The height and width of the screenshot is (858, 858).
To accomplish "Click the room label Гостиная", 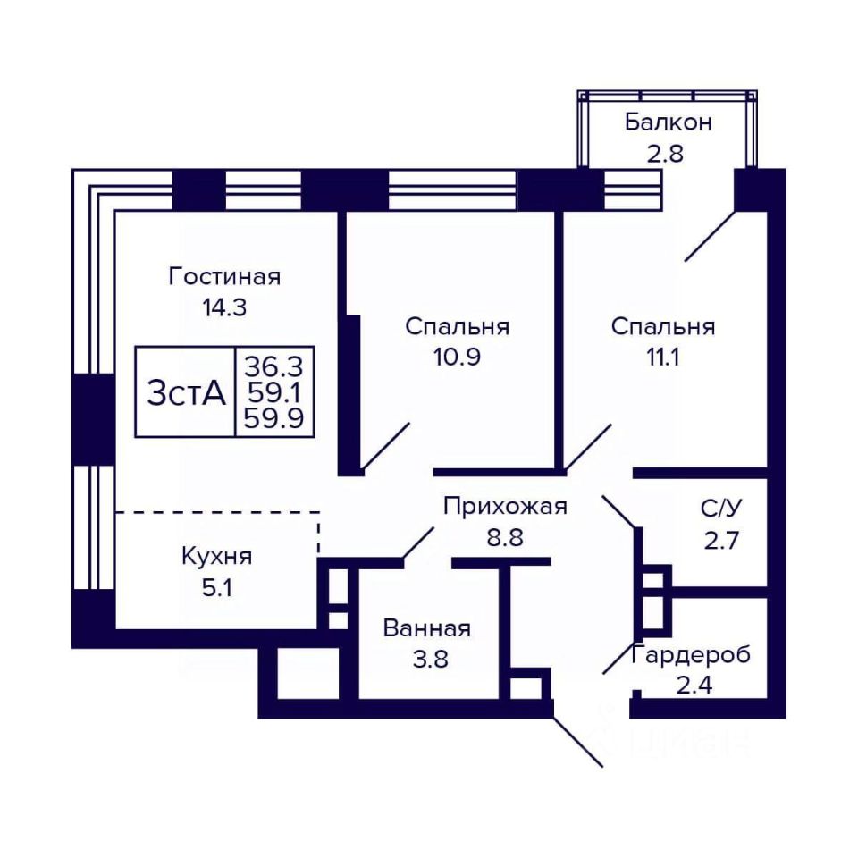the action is [224, 276].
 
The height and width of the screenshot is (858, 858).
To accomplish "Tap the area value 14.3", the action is [224, 307].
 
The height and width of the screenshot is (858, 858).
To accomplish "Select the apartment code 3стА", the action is [186, 392].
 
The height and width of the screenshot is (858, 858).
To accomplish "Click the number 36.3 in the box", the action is [273, 366].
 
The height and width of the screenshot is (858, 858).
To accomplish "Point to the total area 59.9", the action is [273, 419].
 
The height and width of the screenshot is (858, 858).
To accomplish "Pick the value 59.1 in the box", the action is [273, 392].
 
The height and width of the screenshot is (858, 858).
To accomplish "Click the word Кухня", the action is [216, 557].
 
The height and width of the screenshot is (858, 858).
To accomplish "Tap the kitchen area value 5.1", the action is [216, 588].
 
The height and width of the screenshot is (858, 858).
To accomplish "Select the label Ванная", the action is [427, 628].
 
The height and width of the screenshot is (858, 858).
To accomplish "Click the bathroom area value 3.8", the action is [430, 660].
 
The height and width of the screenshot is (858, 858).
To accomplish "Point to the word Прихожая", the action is [505, 507].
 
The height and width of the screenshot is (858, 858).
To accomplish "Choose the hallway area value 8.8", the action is [505, 537].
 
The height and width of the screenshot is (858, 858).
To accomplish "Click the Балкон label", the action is [669, 122].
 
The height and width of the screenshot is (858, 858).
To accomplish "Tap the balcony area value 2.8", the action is [665, 154].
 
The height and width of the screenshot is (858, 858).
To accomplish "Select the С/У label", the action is [721, 509].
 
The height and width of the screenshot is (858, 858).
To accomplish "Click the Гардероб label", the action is [691, 655].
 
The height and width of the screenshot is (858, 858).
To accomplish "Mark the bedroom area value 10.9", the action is [457, 357].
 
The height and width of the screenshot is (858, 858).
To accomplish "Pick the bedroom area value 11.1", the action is [662, 357].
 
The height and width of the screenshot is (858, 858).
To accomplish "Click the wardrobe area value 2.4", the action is [694, 686].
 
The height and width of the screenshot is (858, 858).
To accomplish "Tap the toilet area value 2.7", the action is [721, 541].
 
